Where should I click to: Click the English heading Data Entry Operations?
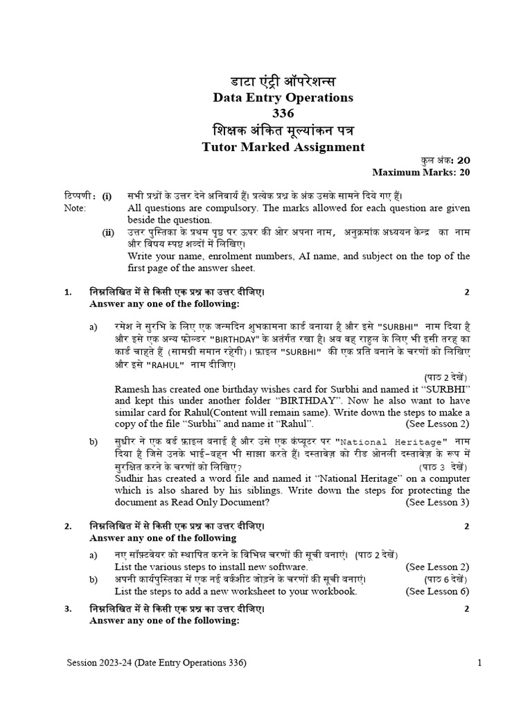283,98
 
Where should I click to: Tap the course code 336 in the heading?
283,113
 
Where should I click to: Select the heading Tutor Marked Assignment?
283,146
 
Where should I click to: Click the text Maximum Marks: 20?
421,173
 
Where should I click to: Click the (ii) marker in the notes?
109,233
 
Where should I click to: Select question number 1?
68,292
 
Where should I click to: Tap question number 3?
68,609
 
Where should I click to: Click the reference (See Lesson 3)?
437,502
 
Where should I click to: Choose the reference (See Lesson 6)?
437,591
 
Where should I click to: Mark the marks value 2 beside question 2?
467,527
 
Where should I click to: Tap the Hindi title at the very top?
283,80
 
